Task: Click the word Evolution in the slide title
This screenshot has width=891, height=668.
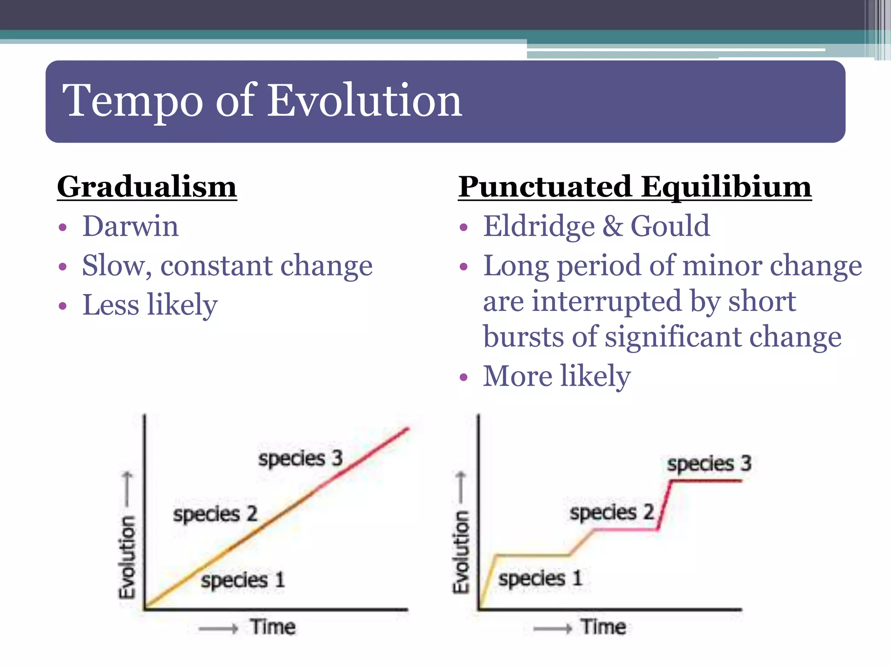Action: point(364,101)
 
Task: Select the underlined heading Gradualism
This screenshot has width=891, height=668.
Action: point(147,187)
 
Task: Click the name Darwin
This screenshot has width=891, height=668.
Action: point(131,226)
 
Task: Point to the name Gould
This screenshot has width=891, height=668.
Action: point(670,226)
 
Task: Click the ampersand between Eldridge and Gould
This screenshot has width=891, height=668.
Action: point(613,227)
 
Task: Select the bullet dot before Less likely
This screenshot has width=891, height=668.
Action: point(63,306)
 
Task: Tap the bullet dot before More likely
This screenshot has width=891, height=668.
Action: point(464,377)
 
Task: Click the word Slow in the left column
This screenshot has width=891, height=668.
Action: point(114,266)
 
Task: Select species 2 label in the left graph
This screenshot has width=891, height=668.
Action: point(215,514)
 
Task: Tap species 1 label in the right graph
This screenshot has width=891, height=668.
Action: point(539,579)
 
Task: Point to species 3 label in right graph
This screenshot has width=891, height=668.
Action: point(709,464)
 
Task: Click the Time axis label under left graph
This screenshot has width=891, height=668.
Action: point(273,627)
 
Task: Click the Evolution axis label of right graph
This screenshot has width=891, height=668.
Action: point(462,551)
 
